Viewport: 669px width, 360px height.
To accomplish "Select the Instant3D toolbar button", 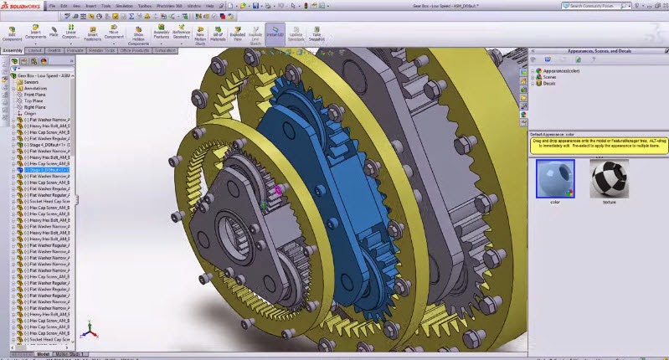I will [275, 34].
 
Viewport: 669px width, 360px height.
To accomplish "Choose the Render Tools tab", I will [101, 50].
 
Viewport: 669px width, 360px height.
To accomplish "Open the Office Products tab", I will [133, 50].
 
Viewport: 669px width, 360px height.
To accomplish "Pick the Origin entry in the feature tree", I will [29, 113].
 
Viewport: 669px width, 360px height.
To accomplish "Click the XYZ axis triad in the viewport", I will [89, 334].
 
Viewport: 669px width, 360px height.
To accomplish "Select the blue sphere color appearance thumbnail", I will [554, 177].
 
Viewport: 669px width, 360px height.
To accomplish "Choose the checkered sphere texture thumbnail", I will [608, 178].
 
